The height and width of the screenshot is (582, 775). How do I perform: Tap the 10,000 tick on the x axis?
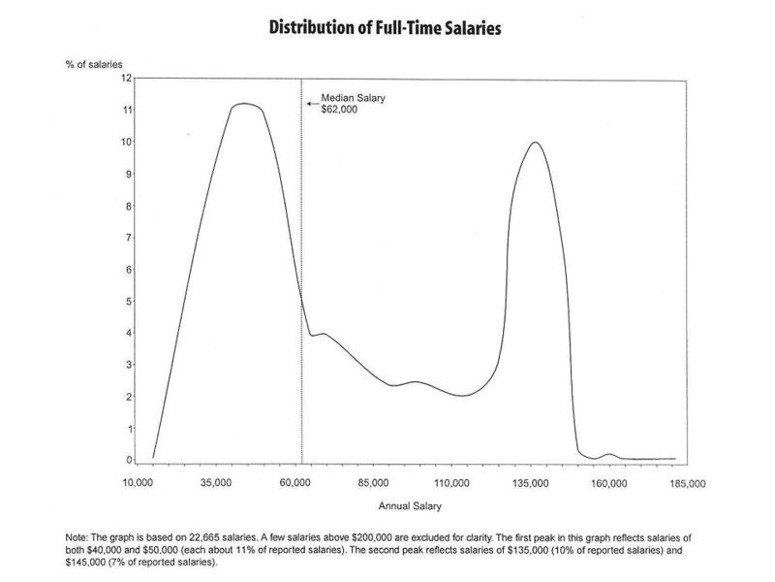pyautogui.click(x=139, y=481)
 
